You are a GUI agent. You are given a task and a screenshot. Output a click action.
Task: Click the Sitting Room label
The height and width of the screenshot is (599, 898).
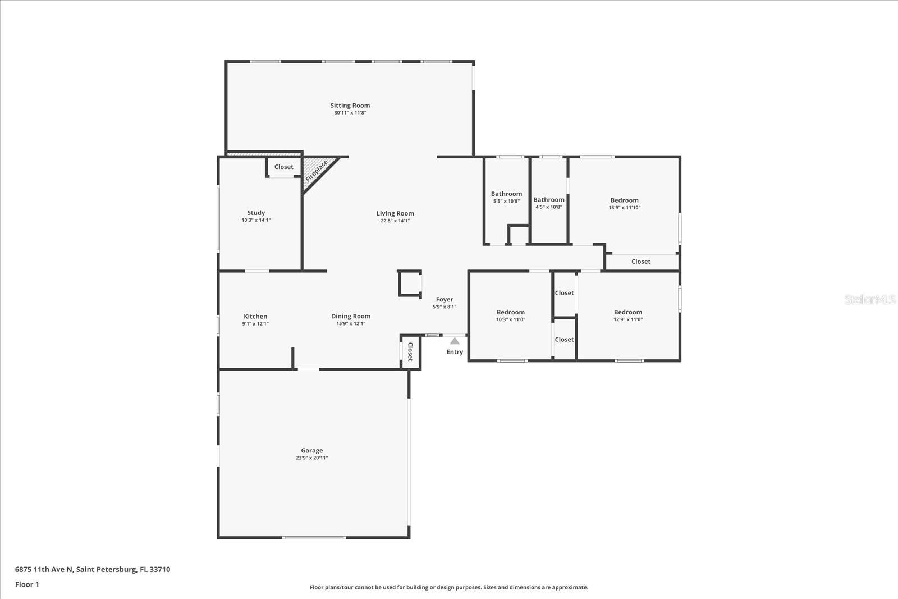click(350, 106)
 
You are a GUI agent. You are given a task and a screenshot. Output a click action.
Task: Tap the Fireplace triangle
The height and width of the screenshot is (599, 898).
click(316, 171)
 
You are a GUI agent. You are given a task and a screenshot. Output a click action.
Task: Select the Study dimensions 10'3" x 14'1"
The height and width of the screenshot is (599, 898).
click(256, 220)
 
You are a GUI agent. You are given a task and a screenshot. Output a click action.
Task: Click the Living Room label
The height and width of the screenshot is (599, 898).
click(395, 213)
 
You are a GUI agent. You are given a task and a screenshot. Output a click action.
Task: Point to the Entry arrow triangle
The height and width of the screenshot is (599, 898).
click(455, 341)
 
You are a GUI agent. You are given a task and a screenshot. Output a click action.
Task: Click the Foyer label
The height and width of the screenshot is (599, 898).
click(445, 300)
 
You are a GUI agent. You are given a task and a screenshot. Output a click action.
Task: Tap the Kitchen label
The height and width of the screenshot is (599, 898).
click(255, 317)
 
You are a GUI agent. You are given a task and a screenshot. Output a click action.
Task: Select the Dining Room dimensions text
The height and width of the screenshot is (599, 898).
click(351, 323)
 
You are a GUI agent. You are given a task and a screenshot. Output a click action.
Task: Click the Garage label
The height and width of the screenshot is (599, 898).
click(311, 450)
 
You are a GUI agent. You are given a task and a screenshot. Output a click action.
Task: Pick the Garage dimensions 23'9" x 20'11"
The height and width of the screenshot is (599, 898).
click(311, 458)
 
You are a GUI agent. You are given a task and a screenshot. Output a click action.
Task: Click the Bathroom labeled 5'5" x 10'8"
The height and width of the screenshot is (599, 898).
click(506, 194)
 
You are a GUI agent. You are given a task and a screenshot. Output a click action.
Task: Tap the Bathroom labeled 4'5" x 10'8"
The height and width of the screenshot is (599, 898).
click(549, 200)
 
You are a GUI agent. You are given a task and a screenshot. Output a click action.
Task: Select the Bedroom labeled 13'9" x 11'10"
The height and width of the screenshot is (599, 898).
click(624, 200)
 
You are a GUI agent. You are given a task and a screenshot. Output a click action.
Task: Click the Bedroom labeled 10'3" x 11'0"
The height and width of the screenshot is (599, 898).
click(510, 313)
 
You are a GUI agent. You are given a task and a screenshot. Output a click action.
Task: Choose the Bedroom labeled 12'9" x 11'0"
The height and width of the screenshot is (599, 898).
click(627, 313)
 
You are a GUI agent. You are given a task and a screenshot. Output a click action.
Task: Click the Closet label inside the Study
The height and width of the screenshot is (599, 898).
click(283, 167)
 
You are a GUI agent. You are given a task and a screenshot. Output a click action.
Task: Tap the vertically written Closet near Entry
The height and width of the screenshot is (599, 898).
click(410, 352)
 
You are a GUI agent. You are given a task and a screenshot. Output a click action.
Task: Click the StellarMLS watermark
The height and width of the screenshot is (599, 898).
click(870, 299)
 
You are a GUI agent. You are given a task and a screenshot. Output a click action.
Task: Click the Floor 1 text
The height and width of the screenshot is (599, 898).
click(27, 584)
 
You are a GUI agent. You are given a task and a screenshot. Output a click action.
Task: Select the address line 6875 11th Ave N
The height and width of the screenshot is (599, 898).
click(93, 569)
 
